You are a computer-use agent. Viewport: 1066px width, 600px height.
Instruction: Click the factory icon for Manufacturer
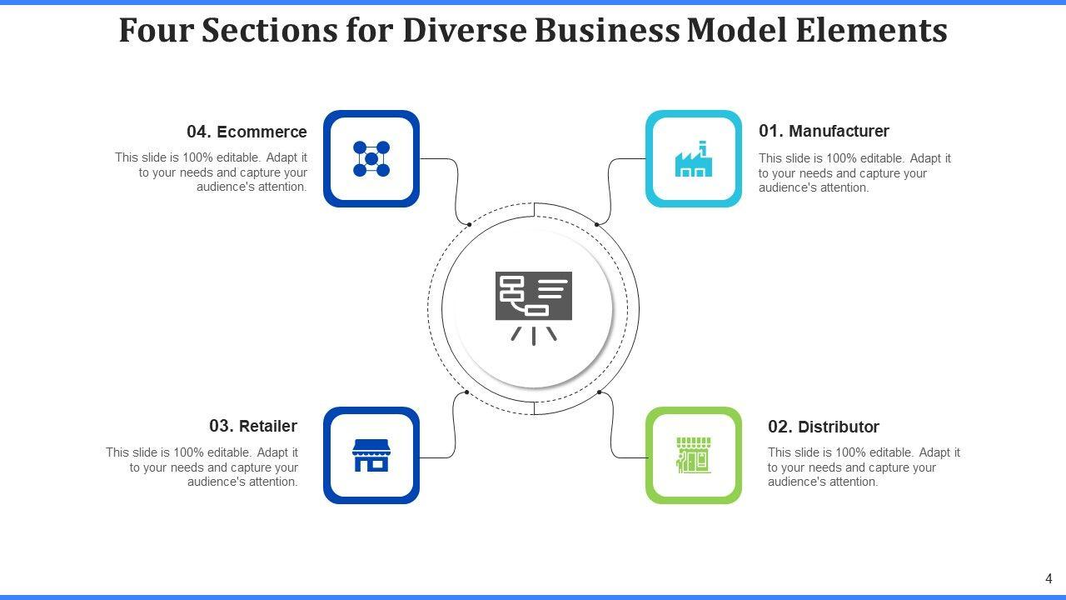tap(693, 159)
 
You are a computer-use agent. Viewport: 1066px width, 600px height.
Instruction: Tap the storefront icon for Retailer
tap(371, 456)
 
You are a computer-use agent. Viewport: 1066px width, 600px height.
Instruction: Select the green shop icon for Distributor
tap(693, 455)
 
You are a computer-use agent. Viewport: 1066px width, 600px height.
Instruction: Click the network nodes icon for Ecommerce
tap(371, 158)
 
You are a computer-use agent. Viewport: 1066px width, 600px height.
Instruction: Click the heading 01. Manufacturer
tap(824, 131)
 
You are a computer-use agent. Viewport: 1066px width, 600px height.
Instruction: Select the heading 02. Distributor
tap(823, 427)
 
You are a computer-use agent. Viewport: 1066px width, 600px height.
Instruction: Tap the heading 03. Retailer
tap(253, 426)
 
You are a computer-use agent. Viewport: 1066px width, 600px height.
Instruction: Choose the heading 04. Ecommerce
tap(247, 132)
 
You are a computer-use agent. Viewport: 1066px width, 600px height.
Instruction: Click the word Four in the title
tap(156, 30)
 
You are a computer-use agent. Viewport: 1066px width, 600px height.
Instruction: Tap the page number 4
tap(1049, 578)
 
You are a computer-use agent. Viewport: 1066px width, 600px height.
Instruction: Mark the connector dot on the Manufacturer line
tap(597, 224)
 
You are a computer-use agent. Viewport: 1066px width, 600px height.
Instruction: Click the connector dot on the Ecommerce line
tap(469, 224)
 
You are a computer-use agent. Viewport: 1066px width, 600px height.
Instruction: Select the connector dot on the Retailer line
tap(466, 392)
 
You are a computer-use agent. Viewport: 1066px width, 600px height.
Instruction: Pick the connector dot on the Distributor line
tap(600, 392)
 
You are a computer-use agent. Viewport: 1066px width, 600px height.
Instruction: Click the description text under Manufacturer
tap(854, 172)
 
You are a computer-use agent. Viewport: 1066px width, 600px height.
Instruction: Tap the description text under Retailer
tap(202, 467)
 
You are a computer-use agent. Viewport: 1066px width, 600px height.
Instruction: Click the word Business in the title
tap(606, 30)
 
